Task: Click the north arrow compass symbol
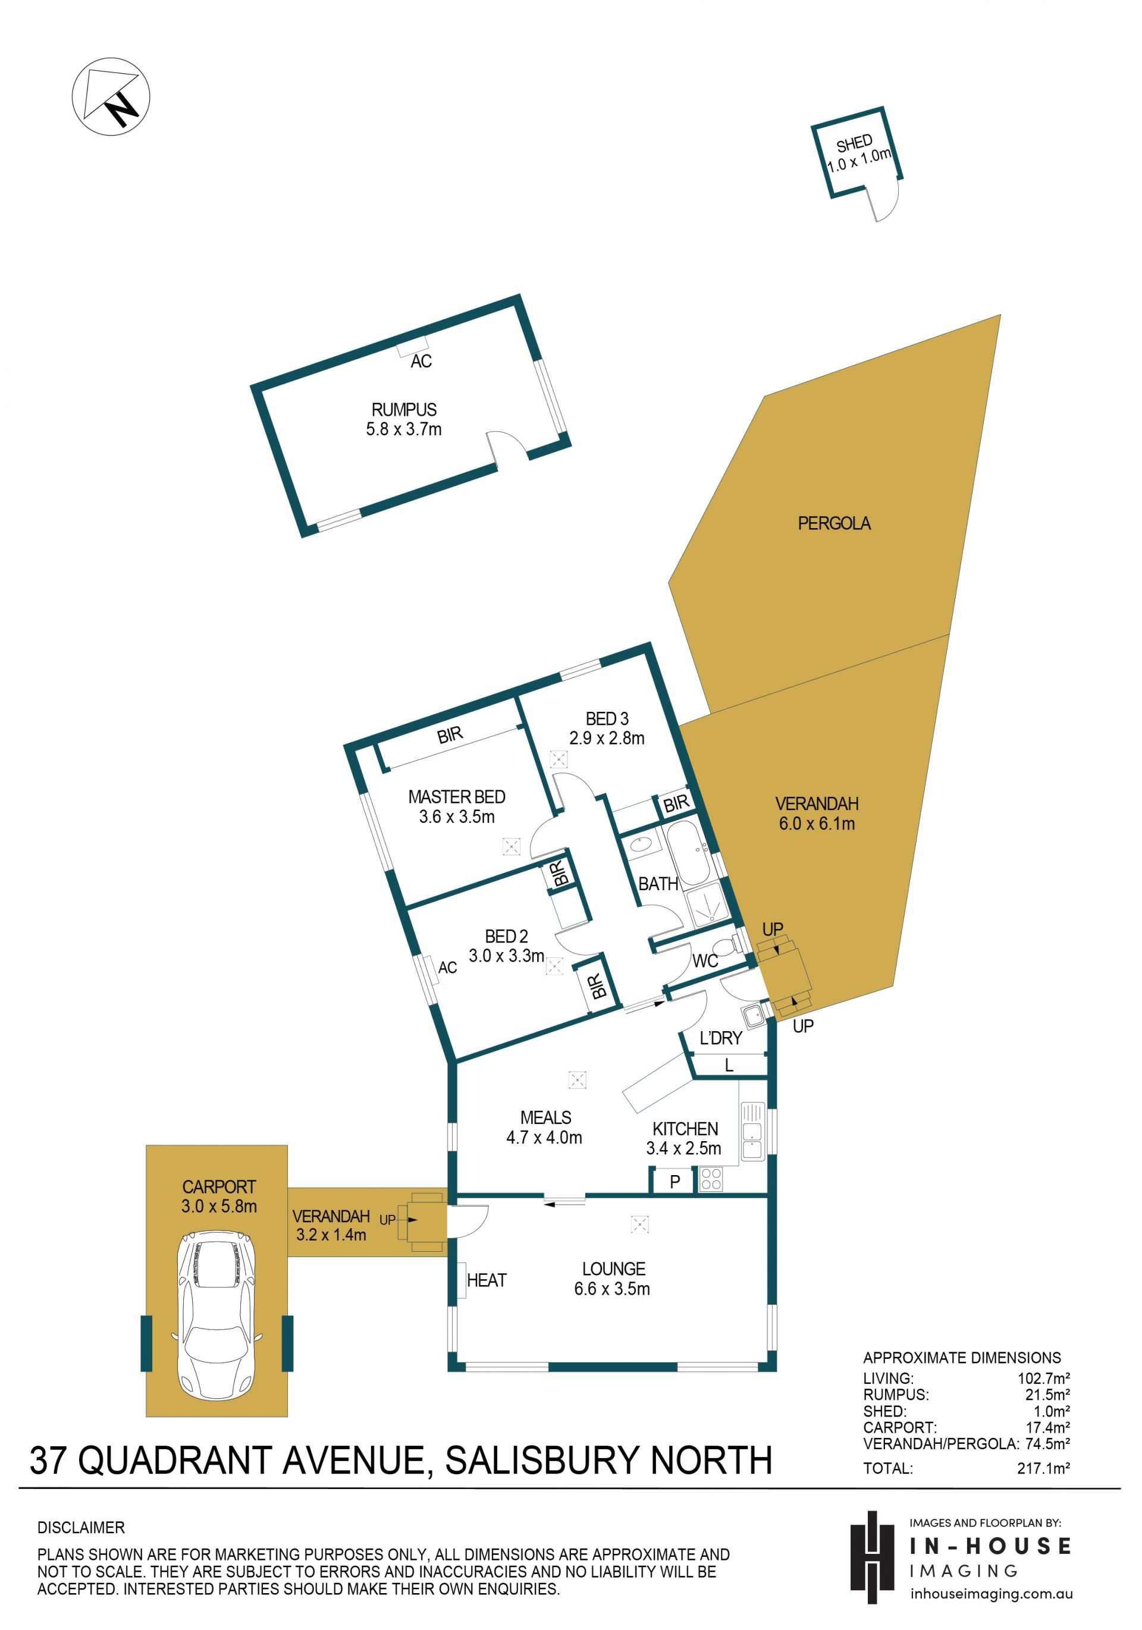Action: click(x=111, y=96)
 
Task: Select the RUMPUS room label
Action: click(x=404, y=410)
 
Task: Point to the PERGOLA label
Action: click(x=834, y=523)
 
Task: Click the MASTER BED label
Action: click(x=457, y=796)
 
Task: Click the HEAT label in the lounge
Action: click(x=487, y=1280)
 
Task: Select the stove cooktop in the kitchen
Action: click(x=710, y=1179)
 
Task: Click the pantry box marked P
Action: click(x=674, y=1182)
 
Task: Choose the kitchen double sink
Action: click(x=752, y=1131)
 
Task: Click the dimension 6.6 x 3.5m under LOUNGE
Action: click(x=612, y=1289)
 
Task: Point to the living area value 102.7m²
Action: click(x=1043, y=1378)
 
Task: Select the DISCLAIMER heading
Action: click(x=81, y=1527)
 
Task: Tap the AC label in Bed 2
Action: click(x=447, y=968)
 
